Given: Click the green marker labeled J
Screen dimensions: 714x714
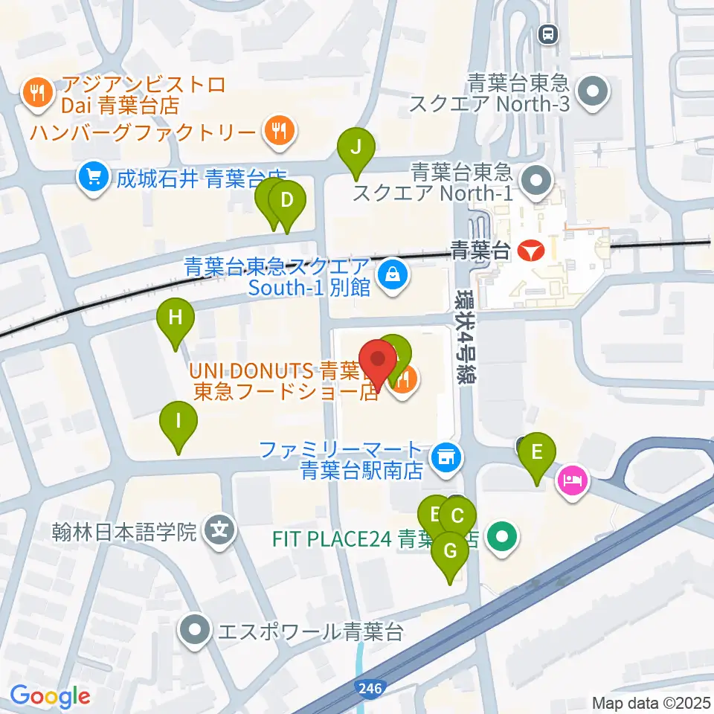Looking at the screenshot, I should pos(356,147).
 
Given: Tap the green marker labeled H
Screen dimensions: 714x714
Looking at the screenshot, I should pos(176,318).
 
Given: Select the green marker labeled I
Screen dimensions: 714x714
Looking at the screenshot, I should pos(178,421).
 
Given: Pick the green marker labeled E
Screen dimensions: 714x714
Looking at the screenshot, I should pos(538,451).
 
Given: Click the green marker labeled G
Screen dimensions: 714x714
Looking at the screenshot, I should pos(450,552).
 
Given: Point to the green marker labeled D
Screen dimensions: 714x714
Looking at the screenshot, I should pos(286,199).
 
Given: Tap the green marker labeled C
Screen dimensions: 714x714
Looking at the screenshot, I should pos(458,515).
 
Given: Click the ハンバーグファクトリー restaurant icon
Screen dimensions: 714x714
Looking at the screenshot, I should pos(280,132).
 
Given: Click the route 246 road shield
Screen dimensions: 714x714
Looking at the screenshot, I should pos(368,689).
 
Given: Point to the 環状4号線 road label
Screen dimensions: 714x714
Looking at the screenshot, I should pos(466,335).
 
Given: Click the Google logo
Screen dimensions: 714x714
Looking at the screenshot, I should pos(50,697).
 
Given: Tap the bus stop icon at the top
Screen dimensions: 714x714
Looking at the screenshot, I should pos(549,33).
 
